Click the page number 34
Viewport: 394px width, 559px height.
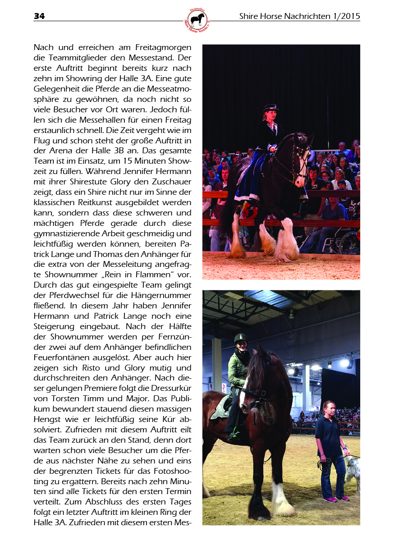point(39,17)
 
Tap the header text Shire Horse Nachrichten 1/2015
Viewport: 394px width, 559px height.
point(299,17)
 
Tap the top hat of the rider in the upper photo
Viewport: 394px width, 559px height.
point(270,107)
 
